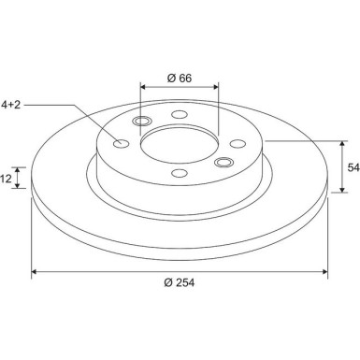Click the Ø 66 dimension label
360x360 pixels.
(180, 78)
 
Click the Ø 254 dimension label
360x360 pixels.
(180, 282)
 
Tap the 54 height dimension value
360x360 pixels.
(353, 167)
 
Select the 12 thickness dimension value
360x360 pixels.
(6, 179)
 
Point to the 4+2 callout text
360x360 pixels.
(11, 105)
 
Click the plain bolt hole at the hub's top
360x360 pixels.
(180, 114)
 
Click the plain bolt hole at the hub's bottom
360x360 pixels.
(180, 173)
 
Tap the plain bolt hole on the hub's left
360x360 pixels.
(121, 144)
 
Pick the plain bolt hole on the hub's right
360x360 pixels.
(238, 144)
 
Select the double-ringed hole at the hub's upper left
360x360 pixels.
(142, 121)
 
